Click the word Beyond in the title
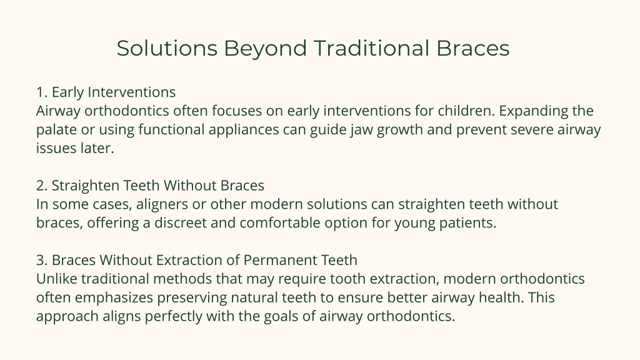265,49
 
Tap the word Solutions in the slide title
167,48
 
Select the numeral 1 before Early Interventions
41,92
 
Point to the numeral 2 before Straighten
41,186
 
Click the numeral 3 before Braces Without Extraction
41,261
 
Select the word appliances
244,130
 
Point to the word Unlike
57,279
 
